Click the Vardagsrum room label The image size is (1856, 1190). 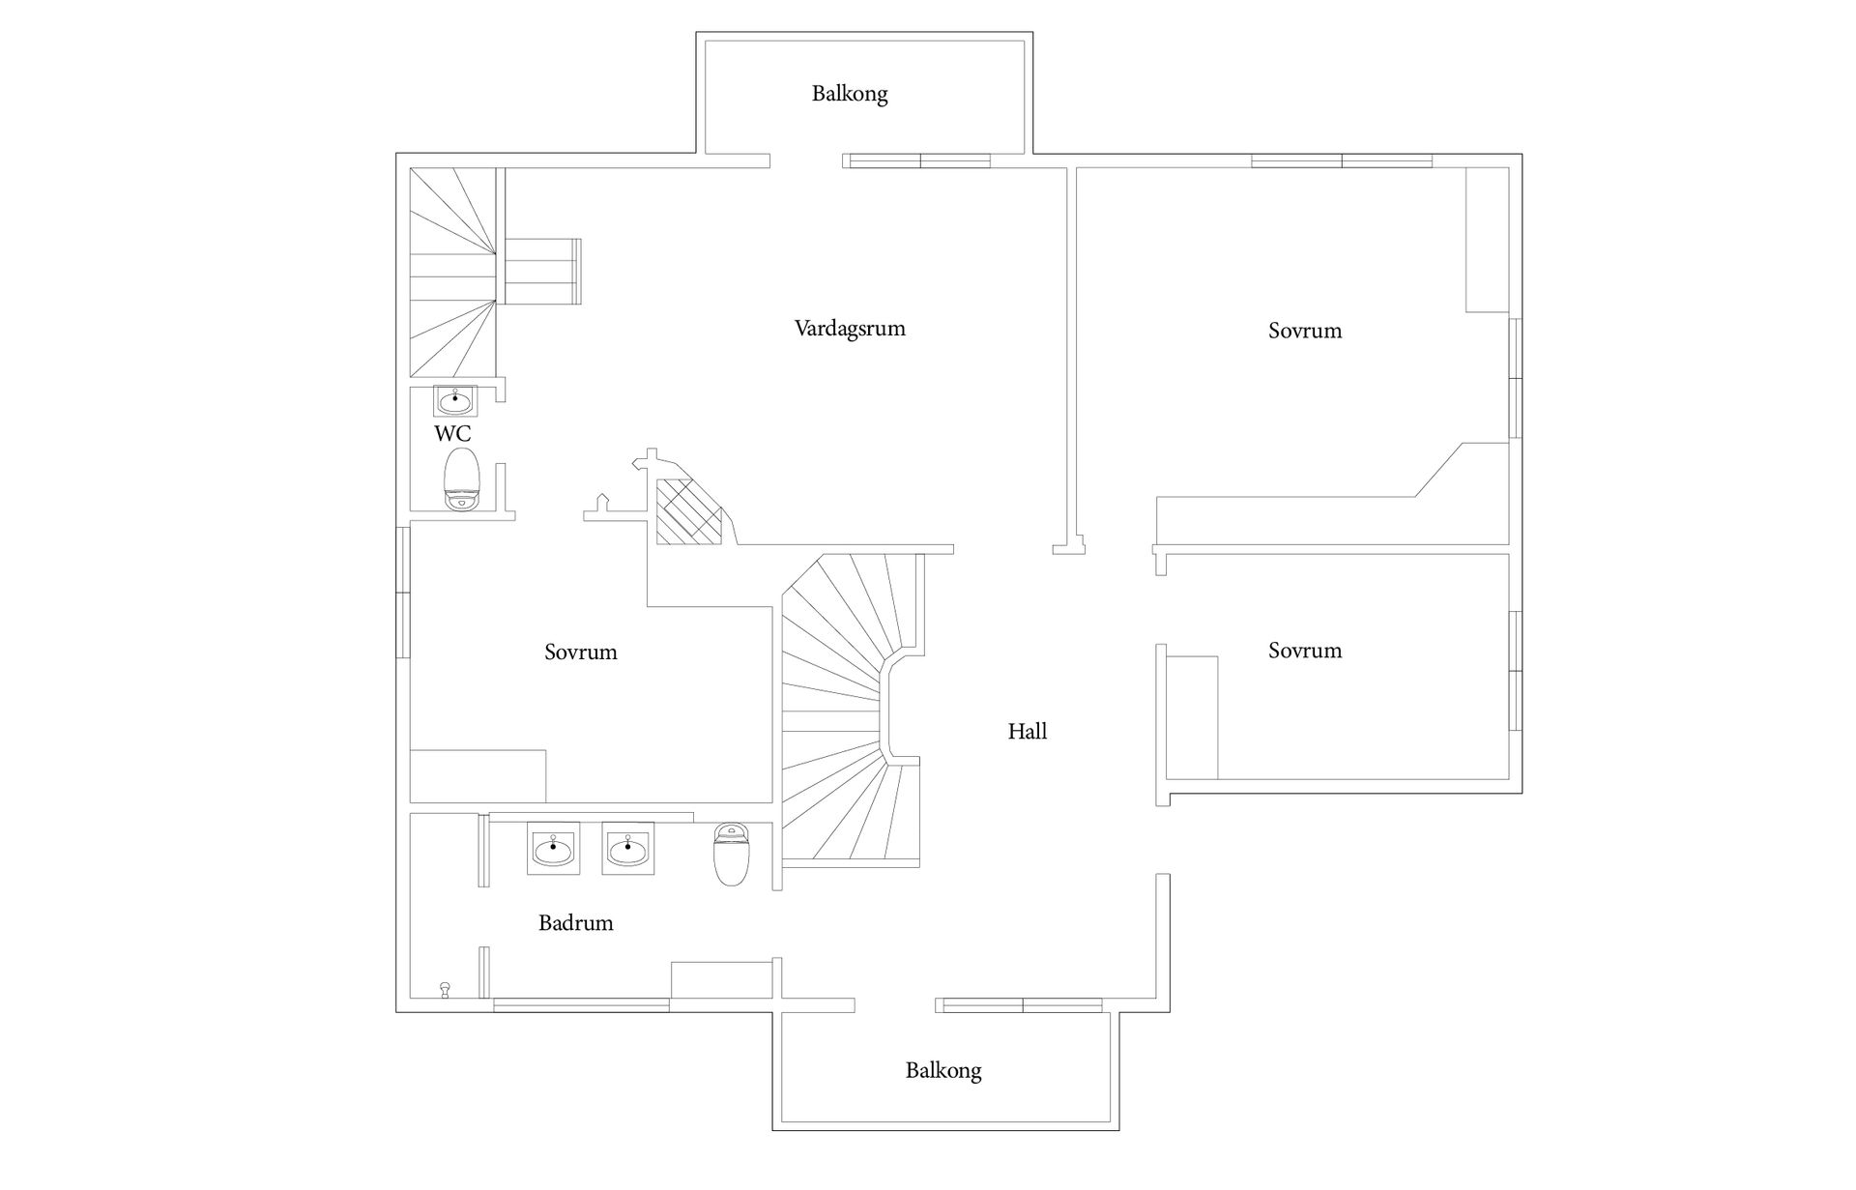850,329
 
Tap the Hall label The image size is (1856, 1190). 1028,732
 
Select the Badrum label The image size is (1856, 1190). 576,923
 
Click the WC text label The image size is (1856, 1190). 452,433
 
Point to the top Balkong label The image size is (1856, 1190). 850,94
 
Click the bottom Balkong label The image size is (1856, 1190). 943,1071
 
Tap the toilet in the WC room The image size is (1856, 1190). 461,479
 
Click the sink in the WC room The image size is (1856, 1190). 454,401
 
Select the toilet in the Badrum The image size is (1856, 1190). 731,854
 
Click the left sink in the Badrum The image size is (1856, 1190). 553,849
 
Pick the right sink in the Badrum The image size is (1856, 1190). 628,849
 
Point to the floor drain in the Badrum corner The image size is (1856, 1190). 445,989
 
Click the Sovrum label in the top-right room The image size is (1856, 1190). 1305,331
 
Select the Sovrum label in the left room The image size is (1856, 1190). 580,653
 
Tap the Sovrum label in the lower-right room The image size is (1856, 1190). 1305,651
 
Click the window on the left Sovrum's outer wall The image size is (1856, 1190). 403,592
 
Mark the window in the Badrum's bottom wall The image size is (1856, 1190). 581,1005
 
